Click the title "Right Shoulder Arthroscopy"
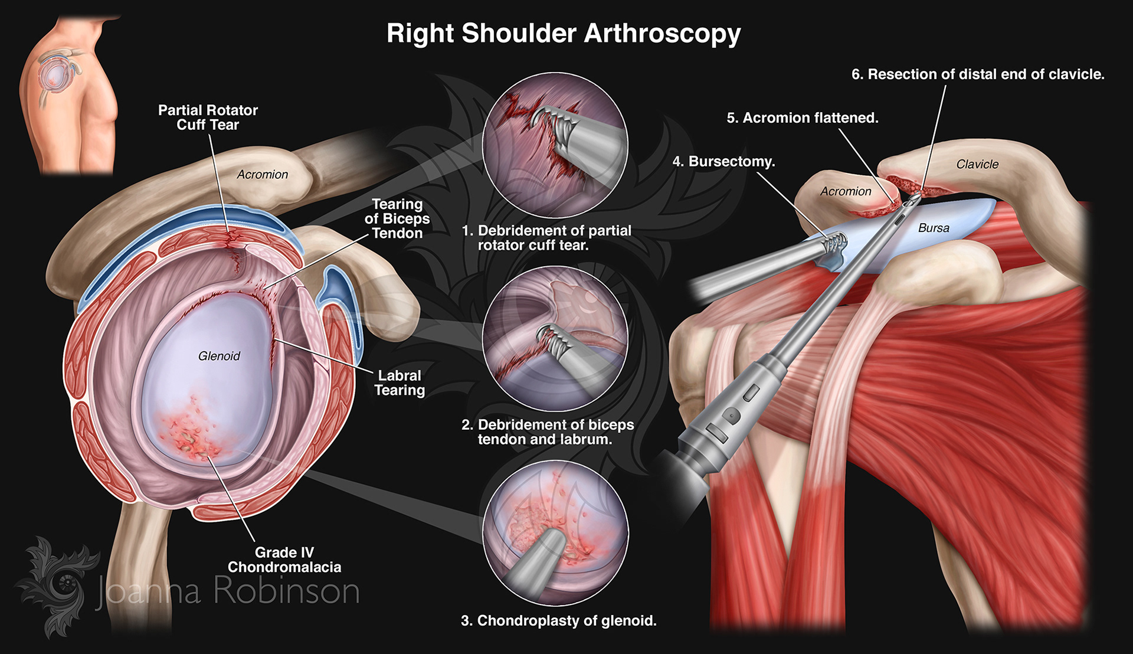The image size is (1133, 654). point(564,34)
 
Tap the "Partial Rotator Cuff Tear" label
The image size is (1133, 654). point(208,117)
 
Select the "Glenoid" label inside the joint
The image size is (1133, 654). point(219,356)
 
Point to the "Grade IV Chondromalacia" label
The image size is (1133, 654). point(284,560)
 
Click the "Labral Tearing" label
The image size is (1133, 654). point(400,383)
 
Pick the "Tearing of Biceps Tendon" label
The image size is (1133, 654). point(397,218)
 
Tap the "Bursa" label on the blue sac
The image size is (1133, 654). point(934,228)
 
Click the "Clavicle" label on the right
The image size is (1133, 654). point(977,164)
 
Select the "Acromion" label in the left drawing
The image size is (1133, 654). point(263,174)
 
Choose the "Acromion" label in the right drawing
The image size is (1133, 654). point(846,191)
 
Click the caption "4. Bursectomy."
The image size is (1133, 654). point(723,161)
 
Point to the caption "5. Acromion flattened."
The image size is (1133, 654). point(803,118)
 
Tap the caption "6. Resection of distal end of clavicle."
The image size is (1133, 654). point(978,74)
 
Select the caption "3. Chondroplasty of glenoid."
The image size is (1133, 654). point(558,620)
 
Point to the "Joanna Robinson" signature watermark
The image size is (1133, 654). point(227,590)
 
